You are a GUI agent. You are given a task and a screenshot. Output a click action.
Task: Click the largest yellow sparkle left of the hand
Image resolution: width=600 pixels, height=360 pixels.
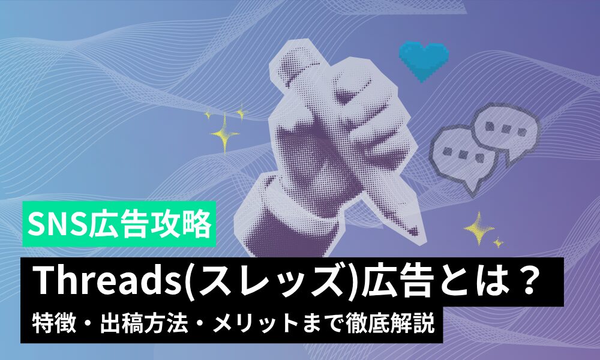225,134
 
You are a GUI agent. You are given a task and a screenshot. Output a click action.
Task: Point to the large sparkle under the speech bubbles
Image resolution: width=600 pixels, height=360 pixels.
478,228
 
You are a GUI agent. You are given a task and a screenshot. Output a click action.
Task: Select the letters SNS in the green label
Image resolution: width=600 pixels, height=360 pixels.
58,224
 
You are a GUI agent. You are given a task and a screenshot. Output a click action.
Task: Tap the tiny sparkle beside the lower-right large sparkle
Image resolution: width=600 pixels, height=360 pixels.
498,242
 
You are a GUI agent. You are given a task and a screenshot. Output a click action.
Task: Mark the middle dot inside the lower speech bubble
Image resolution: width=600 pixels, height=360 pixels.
463,155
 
